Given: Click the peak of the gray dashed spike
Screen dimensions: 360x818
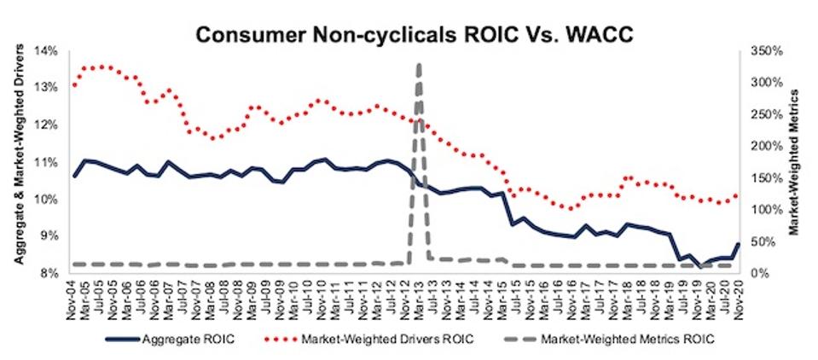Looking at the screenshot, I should pos(418,64).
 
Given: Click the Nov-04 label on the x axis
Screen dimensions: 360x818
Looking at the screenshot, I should pos(75,294).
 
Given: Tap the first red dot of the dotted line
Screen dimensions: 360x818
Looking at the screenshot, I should pos(75,85).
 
